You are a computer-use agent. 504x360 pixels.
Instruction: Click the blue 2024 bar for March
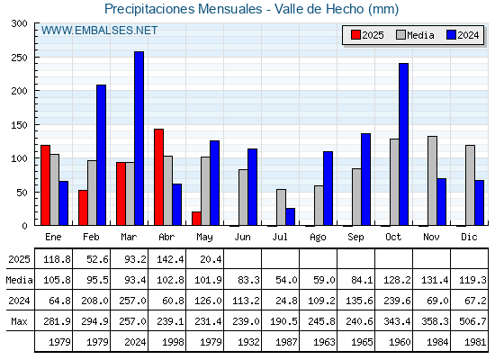pos(139,139)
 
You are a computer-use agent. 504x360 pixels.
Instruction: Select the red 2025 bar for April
pos(158,177)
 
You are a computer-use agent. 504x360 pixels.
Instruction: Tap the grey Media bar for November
pos(432,181)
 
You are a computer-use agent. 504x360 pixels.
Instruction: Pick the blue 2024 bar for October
pos(404,144)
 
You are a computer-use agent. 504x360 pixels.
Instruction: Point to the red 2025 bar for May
pos(196,219)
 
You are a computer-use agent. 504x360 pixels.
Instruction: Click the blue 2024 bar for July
pos(290,217)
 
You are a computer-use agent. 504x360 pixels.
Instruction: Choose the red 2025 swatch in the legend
pos(355,35)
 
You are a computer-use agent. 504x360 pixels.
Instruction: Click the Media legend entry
pos(415,35)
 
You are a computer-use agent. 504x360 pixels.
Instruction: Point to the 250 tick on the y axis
pos(36,58)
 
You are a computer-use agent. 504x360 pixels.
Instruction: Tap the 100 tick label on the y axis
pos(20,158)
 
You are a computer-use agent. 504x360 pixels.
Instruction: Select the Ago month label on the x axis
pos(318,238)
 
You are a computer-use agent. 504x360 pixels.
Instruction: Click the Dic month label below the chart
pos(469,237)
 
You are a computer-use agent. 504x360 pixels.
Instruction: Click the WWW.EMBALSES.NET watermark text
pos(99,31)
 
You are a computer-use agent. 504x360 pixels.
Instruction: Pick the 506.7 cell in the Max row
pos(472,321)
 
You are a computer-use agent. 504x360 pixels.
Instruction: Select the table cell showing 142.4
pos(170,259)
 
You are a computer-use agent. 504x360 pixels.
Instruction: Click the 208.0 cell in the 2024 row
pos(94,301)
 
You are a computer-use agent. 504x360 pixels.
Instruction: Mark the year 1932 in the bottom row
pos(248,342)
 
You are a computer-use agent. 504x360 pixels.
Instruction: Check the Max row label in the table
pos(19,321)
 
